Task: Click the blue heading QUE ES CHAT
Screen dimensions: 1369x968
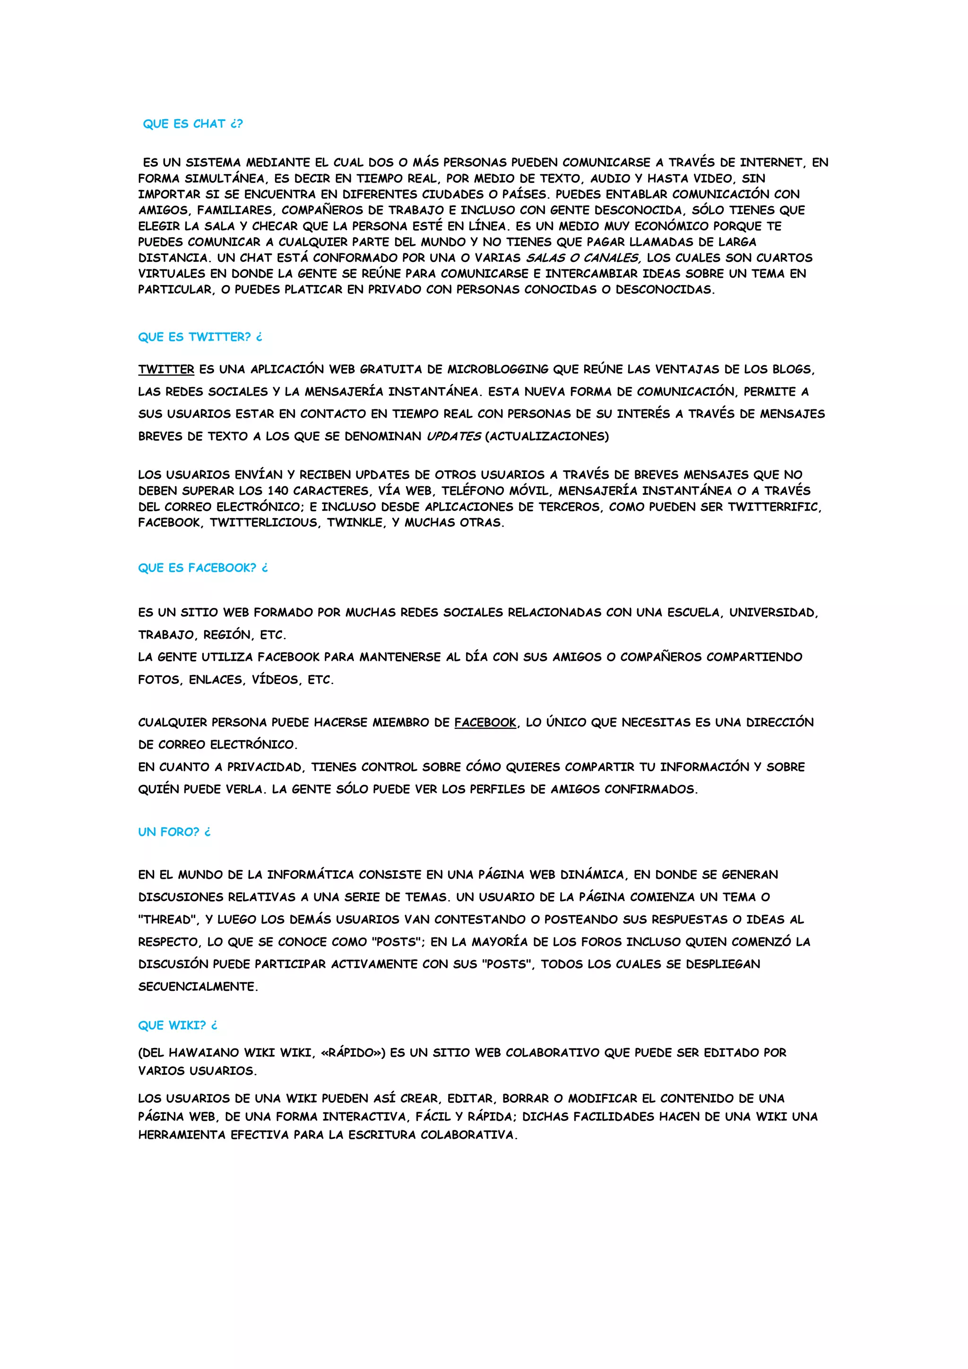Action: (x=192, y=124)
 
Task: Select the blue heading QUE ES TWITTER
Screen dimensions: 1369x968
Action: (x=199, y=337)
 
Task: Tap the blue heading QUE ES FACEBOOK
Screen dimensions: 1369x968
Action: (x=203, y=568)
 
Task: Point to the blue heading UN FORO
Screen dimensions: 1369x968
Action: (x=174, y=832)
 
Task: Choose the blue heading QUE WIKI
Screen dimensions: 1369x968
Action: (x=178, y=1025)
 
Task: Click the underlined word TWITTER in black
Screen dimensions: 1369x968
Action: (x=166, y=370)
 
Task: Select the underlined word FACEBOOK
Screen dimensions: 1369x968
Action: (x=485, y=723)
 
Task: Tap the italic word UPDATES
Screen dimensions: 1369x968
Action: (x=454, y=436)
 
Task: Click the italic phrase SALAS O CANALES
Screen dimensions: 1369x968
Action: (x=583, y=258)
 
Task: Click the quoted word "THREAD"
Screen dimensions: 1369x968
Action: (x=169, y=920)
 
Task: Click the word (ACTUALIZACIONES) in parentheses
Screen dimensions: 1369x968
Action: (x=547, y=436)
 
